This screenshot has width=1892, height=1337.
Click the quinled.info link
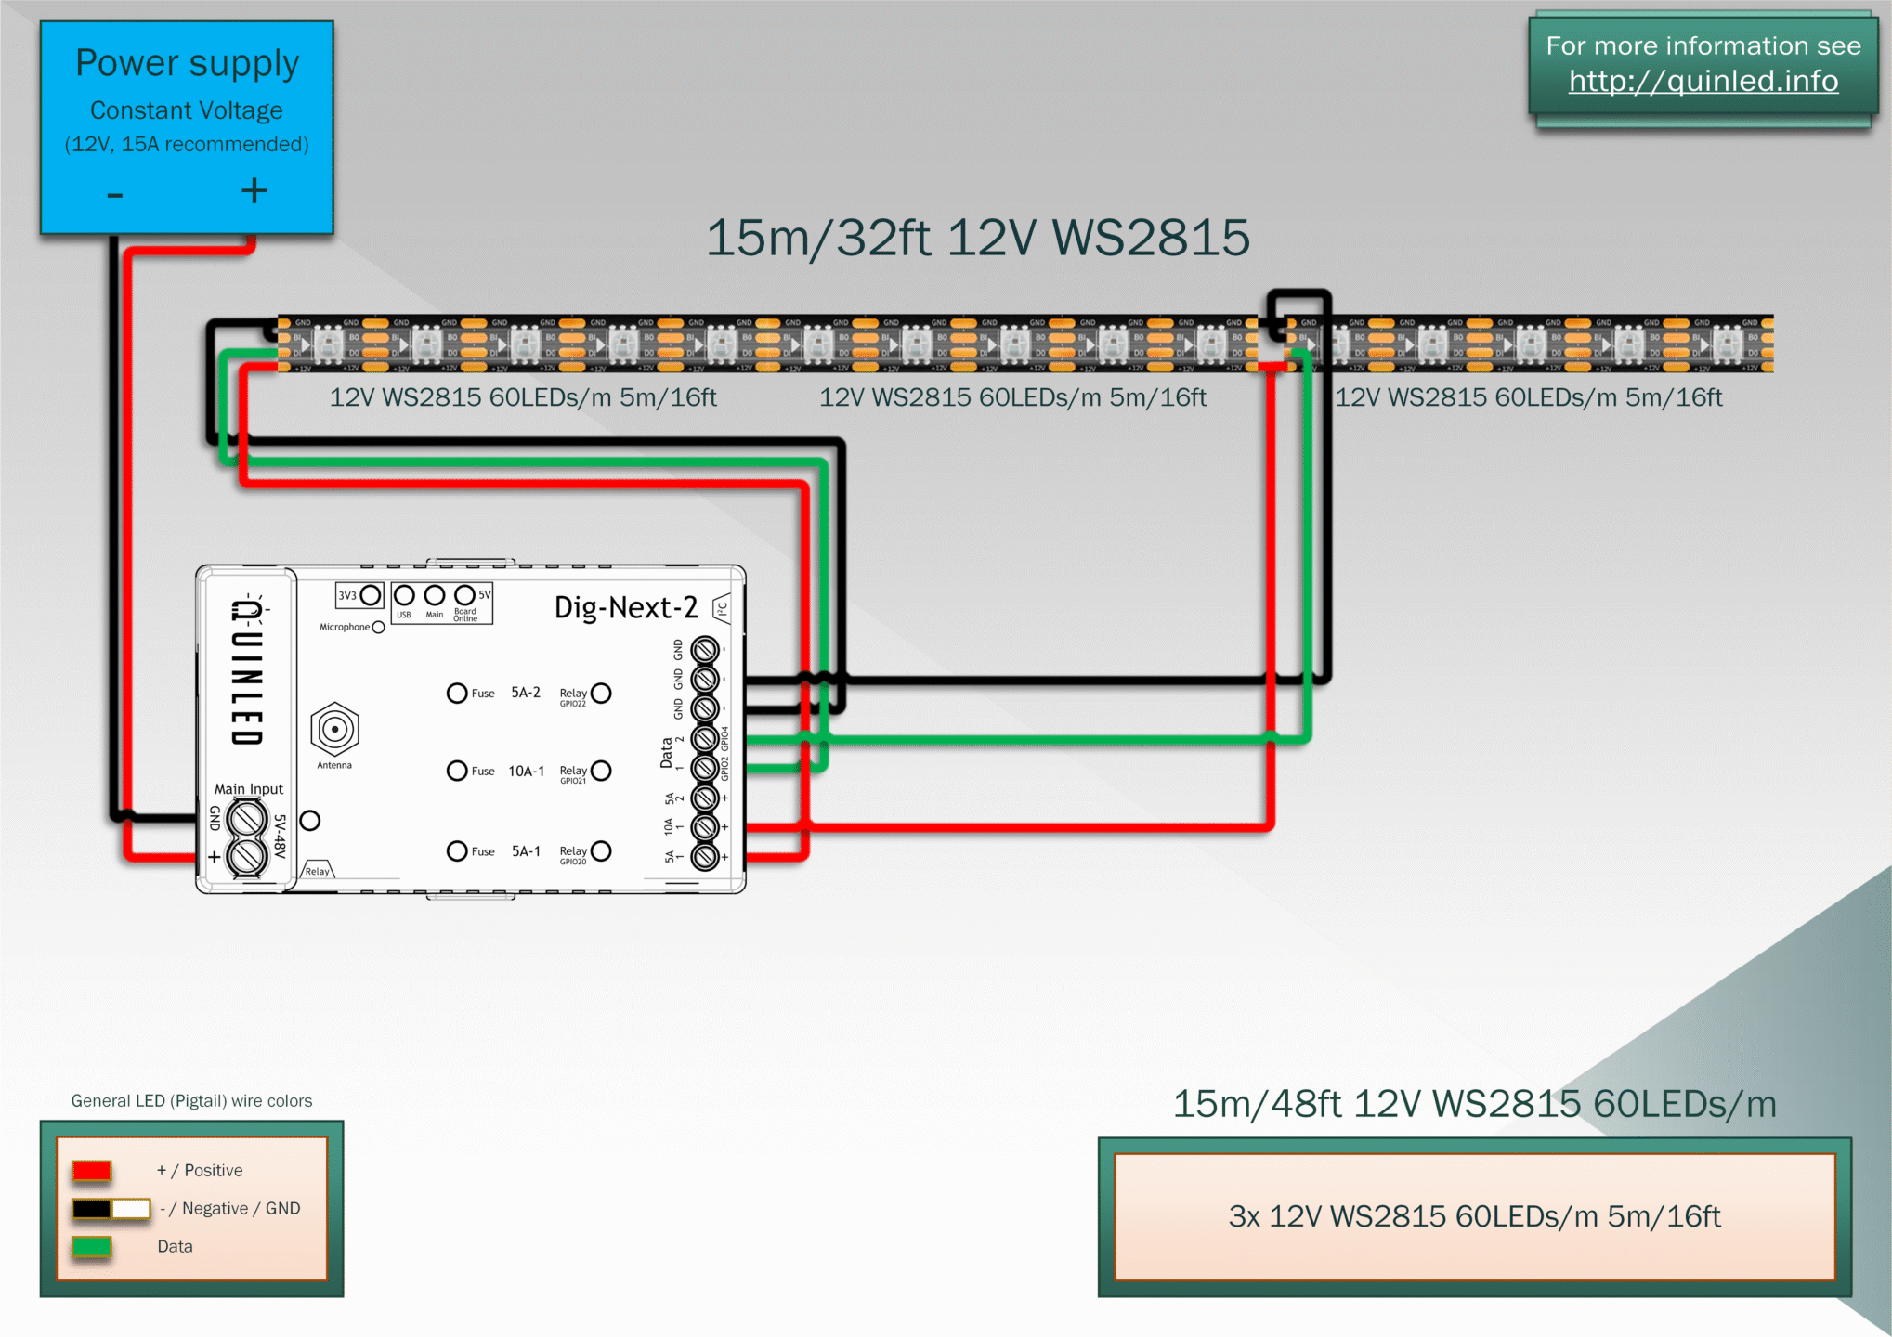(x=1703, y=82)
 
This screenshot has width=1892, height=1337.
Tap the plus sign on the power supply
(x=254, y=191)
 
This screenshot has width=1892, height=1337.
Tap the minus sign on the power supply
(x=115, y=195)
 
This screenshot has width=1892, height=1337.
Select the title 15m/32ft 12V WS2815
(x=977, y=238)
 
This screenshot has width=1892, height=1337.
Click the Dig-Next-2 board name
(x=625, y=607)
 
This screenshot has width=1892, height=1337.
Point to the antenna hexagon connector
(x=334, y=730)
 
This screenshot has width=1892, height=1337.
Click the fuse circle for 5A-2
(x=457, y=694)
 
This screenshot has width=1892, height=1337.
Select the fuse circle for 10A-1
(x=457, y=771)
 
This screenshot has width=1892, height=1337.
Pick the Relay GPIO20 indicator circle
(x=601, y=851)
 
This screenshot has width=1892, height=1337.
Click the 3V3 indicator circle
(x=371, y=595)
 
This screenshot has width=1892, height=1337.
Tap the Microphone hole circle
(x=378, y=628)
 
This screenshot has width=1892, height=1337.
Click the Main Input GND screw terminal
(x=247, y=819)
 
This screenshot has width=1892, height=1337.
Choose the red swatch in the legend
(x=92, y=1171)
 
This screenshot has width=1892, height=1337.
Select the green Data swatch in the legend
(x=92, y=1247)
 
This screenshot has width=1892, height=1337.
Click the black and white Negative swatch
(x=111, y=1209)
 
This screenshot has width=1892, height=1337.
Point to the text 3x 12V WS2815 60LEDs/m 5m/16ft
(x=1474, y=1216)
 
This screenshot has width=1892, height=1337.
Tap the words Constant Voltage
(x=186, y=110)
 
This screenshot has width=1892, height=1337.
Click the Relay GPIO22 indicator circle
(x=601, y=694)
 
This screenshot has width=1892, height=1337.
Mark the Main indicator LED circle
(x=434, y=595)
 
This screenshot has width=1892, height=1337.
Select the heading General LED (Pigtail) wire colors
(x=191, y=1101)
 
